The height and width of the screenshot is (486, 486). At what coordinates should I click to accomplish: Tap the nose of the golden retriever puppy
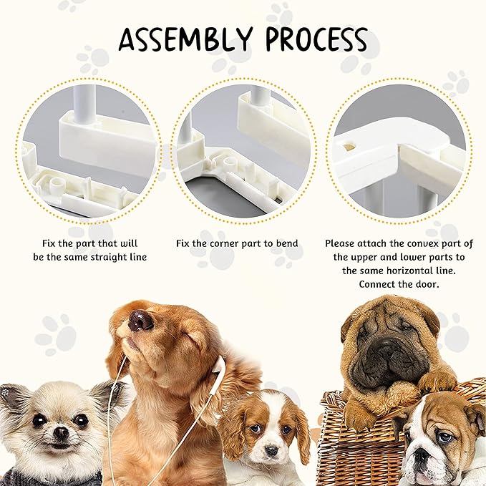[x=140, y=319]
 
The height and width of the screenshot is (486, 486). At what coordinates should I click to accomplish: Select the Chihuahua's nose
[x=59, y=432]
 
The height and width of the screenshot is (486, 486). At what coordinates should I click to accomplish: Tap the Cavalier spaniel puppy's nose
[x=271, y=449]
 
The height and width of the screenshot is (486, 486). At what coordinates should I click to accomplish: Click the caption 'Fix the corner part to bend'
[x=237, y=243]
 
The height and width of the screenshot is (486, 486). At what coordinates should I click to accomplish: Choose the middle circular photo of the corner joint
[x=242, y=149]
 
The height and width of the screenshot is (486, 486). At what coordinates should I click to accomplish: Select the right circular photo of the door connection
[x=399, y=149]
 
